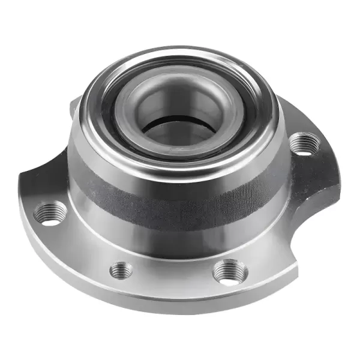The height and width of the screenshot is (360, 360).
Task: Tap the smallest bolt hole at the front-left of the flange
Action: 121,271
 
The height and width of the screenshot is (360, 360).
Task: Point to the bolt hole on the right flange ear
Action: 304,145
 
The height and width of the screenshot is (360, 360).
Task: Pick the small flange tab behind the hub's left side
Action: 74,108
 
